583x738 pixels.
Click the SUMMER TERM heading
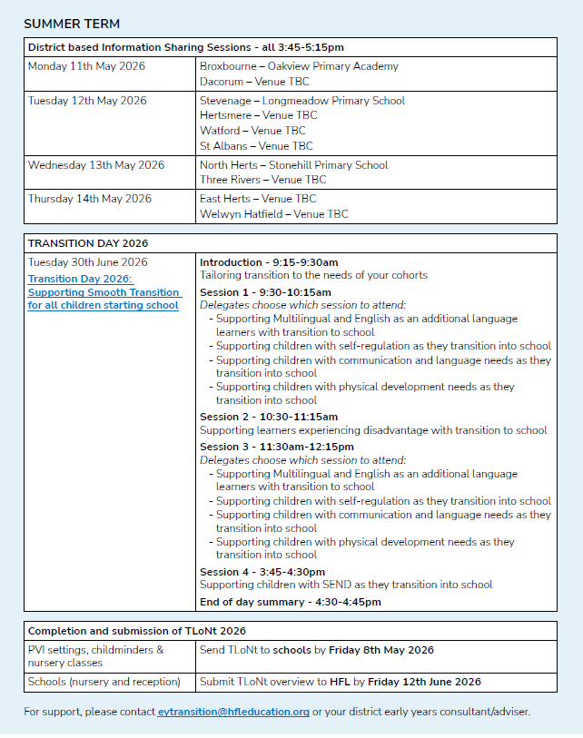pos(72,24)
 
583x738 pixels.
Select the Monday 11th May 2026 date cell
pos(86,66)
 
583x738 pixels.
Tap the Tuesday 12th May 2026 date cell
pos(89,101)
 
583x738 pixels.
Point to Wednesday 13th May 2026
pos(96,165)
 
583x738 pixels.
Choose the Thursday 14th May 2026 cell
pos(90,199)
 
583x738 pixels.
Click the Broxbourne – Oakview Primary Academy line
pos(299,66)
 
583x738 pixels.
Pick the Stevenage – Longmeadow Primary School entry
pos(302,101)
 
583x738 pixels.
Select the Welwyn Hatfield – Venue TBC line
pos(273,214)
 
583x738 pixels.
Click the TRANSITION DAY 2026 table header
pos(88,243)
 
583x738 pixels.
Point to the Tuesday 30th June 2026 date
pos(87,262)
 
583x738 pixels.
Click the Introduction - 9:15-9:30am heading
pos(269,262)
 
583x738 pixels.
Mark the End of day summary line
pos(291,602)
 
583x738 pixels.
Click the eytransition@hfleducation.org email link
pos(233,712)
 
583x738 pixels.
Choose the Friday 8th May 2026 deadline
pos(380,650)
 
